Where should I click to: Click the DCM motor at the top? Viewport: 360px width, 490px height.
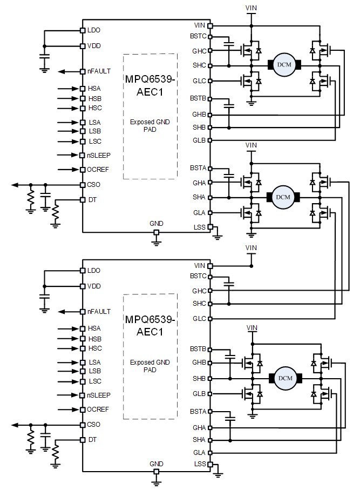(283, 65)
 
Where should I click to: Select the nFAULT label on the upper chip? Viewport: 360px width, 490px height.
(99, 71)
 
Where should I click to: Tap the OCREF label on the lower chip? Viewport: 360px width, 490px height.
(98, 410)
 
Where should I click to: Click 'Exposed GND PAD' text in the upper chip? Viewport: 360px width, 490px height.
(150, 126)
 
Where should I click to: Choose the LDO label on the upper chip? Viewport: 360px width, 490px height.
(94, 30)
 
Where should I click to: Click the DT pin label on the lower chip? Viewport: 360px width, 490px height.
(92, 440)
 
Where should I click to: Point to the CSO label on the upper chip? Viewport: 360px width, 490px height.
(94, 185)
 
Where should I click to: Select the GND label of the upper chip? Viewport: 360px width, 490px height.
(157, 224)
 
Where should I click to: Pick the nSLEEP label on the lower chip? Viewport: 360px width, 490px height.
(99, 396)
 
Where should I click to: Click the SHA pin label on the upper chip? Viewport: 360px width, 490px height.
(199, 197)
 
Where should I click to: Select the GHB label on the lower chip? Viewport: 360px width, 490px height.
(199, 363)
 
